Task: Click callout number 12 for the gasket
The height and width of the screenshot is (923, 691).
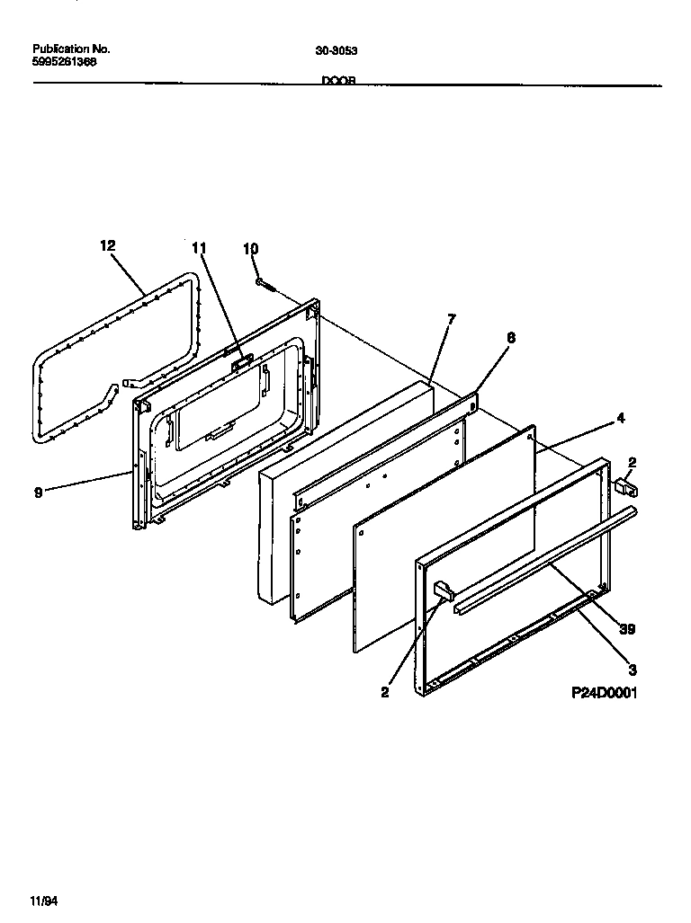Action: click(x=108, y=245)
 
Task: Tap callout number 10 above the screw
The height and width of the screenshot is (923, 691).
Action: click(x=250, y=248)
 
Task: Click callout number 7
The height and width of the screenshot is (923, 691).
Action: click(x=451, y=318)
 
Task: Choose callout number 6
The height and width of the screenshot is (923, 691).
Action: click(x=510, y=337)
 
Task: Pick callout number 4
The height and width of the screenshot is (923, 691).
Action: click(x=620, y=418)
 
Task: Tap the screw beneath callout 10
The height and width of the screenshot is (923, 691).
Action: click(x=265, y=284)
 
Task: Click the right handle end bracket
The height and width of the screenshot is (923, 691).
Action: click(x=627, y=487)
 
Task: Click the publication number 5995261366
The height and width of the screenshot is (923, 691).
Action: click(x=65, y=62)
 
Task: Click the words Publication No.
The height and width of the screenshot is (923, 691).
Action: click(x=70, y=49)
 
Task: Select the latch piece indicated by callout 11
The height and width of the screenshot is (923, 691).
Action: click(x=239, y=362)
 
